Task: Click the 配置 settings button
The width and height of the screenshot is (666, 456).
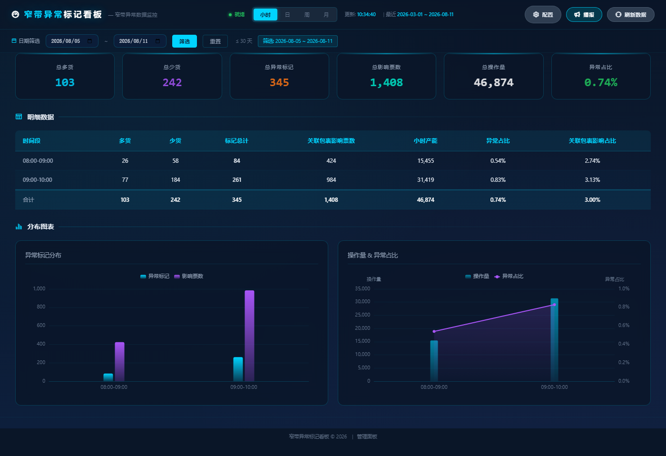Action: pos(543,15)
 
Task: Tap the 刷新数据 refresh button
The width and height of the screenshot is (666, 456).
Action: pos(631,15)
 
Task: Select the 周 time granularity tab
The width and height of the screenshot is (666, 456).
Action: pos(307,15)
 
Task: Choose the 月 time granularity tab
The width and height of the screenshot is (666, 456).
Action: pos(326,15)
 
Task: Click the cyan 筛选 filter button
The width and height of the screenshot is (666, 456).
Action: pos(185,41)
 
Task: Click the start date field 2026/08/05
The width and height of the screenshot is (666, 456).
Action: pos(72,41)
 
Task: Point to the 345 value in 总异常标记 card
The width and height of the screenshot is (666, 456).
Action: pos(279,82)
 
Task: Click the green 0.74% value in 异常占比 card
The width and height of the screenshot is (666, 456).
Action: pos(600,82)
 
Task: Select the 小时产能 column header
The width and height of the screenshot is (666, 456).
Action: pos(425,141)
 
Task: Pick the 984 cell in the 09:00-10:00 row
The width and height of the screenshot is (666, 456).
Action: pos(331,179)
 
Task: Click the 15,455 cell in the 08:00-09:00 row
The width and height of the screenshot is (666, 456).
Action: pos(425,160)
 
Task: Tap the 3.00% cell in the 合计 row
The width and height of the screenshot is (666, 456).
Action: pos(592,200)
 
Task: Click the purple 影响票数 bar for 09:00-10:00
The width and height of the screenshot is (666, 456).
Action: pos(249,336)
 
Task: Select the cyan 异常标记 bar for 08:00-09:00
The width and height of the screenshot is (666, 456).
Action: pos(108,377)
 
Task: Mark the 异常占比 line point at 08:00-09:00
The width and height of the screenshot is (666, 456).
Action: pos(434,331)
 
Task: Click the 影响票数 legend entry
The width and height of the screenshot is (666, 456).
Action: pos(189,277)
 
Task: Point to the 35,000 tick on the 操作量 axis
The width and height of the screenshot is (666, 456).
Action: pos(362,288)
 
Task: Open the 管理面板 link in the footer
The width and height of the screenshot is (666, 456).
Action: pos(367,436)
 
